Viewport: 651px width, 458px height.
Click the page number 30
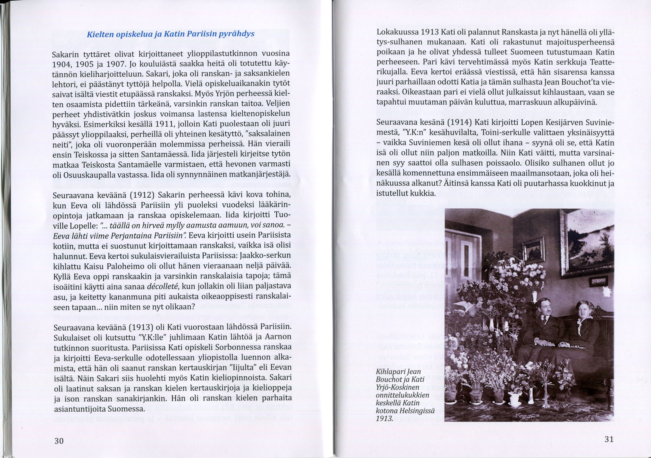click(59, 441)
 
